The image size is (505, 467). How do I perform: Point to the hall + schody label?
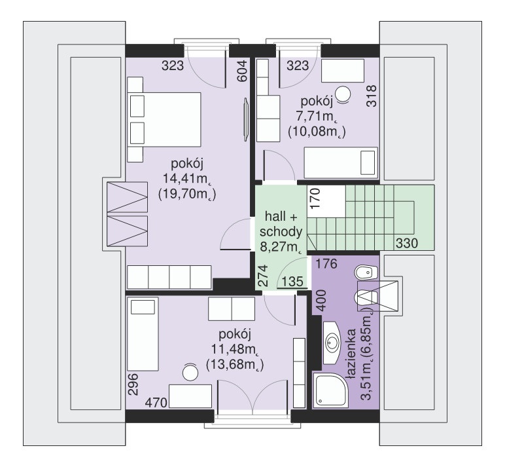(283, 224)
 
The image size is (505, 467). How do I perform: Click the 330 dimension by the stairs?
(406, 244)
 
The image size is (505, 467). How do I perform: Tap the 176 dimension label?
(325, 265)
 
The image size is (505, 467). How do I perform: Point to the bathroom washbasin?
(332, 341)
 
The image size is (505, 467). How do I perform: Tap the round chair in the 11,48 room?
(190, 371)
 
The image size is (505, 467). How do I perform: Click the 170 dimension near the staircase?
(315, 198)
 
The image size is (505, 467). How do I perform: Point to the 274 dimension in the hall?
(262, 275)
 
